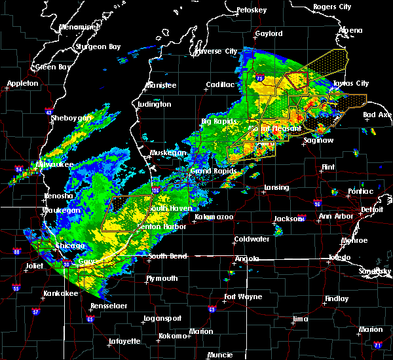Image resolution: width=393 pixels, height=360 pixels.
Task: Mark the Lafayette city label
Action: pos(125,341)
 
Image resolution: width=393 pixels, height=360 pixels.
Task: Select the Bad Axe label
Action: pos(377,115)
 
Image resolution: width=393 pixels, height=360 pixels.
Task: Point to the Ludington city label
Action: pos(155,105)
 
